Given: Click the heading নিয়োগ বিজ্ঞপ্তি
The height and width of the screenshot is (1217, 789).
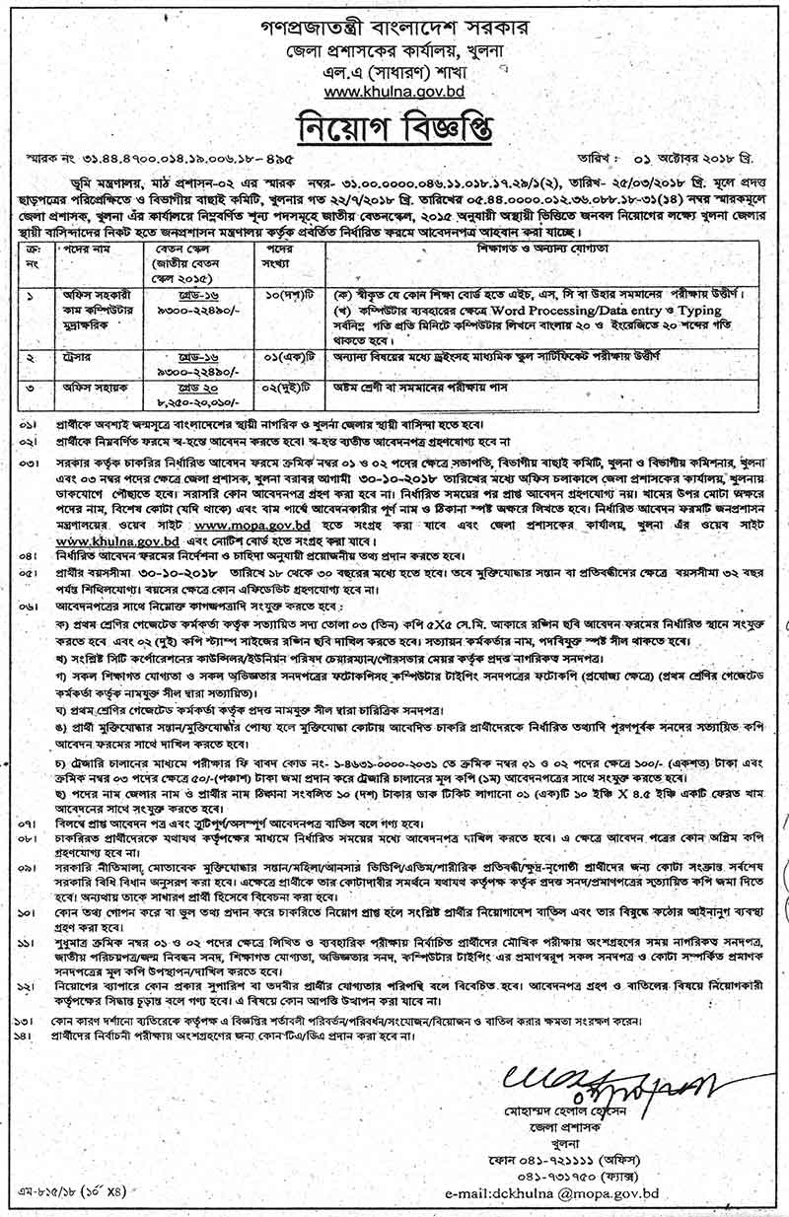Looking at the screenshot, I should (395, 129).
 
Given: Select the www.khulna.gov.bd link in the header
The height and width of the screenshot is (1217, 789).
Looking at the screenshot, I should (394, 93).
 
